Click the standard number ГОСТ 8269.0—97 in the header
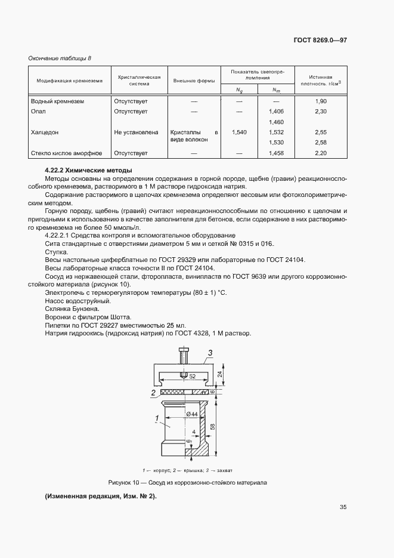coord(319,41)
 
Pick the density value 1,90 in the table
coord(321,101)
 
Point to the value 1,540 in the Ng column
coord(239,132)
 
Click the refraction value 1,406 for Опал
coord(277,112)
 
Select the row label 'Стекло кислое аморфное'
coord(66,153)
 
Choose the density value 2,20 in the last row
coord(321,153)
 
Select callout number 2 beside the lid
coord(153,393)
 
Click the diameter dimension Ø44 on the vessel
coord(192,414)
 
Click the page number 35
coord(343,507)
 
